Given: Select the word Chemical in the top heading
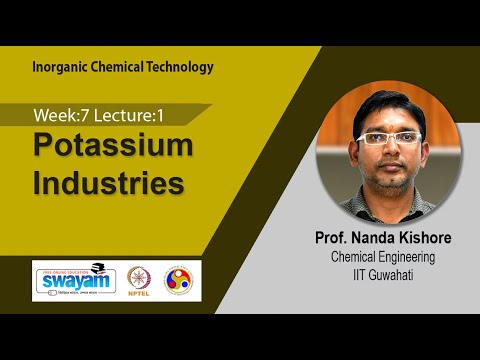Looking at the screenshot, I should tap(117, 67).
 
